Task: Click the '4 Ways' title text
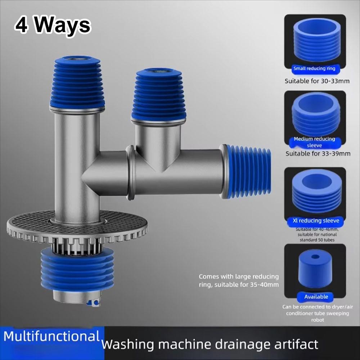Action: coord(53,26)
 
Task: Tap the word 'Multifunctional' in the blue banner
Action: coord(51,337)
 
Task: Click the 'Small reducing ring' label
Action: coord(314,68)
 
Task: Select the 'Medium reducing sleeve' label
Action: coord(314,142)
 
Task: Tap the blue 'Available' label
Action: coord(316,297)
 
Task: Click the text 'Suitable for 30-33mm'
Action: coord(317,81)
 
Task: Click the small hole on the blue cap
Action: coord(315,257)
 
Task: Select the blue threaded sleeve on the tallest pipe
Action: coord(77,84)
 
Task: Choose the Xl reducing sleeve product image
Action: coord(315,193)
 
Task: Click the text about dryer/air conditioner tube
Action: coord(315,313)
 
